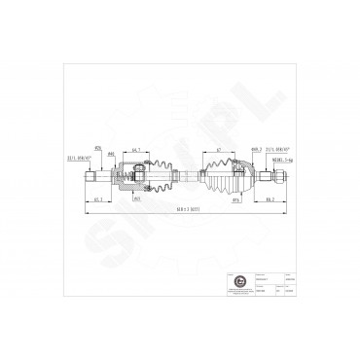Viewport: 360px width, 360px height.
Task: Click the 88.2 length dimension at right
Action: point(270,200)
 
